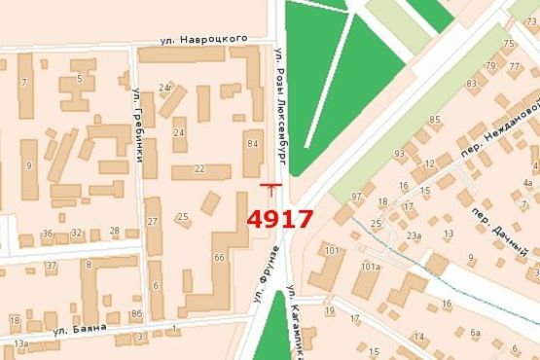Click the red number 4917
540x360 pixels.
click(x=279, y=219)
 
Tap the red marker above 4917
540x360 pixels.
click(x=270, y=186)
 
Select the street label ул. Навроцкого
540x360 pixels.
click(x=204, y=40)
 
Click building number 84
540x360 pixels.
click(x=253, y=144)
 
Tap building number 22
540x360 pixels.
click(x=199, y=169)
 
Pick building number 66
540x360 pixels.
click(x=219, y=257)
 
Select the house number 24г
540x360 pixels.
click(x=165, y=88)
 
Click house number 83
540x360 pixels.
click(x=471, y=85)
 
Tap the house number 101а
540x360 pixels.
click(x=369, y=266)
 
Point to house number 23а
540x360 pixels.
click(x=414, y=234)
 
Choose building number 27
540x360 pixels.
click(x=153, y=222)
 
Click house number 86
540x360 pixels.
click(x=135, y=313)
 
